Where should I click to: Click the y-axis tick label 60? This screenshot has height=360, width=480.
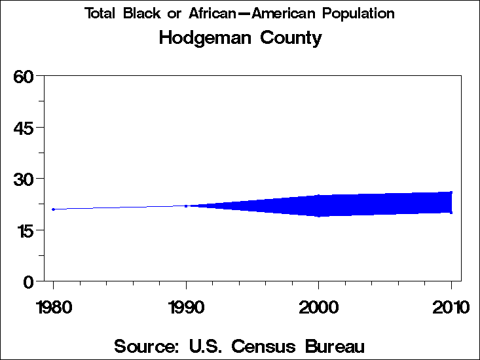point(24,76)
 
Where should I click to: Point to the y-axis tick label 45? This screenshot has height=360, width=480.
point(24,127)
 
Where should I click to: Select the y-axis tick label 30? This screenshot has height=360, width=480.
point(24,179)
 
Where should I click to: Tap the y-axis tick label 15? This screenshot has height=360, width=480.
point(24,230)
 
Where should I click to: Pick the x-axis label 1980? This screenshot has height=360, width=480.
point(53,307)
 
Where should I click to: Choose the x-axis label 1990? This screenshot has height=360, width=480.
point(186,307)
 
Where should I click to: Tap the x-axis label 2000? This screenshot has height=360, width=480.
point(319,307)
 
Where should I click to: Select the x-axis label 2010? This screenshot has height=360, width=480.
point(451,307)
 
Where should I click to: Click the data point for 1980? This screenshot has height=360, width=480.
point(53,209)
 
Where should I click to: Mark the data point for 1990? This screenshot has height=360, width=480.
point(186,206)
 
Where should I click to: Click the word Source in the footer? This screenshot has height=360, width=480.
point(145,346)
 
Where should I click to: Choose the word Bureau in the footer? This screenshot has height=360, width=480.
point(332,346)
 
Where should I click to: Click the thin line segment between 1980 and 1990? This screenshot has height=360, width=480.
point(119,207)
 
